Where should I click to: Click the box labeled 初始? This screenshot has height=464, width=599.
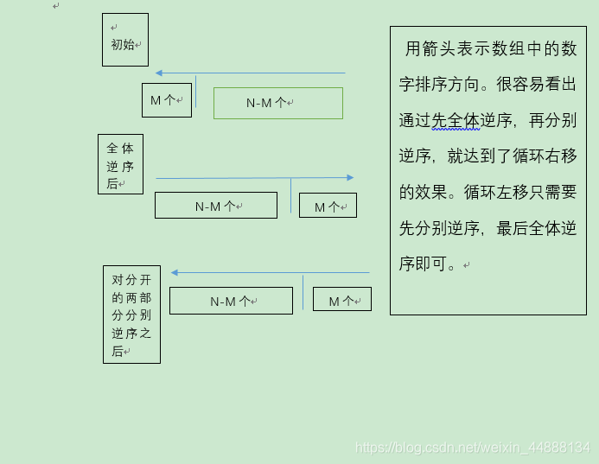(x=125, y=40)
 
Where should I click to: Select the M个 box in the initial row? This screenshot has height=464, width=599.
(x=167, y=100)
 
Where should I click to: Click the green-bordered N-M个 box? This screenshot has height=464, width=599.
(x=278, y=103)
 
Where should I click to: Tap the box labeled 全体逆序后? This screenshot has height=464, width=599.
(x=120, y=164)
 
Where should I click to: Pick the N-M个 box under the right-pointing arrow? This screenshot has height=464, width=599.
(x=216, y=206)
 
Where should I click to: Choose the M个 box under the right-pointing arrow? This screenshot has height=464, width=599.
(x=328, y=206)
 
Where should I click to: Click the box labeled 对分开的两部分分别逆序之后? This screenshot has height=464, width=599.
(x=131, y=315)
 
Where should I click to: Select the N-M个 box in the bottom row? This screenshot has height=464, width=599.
(x=231, y=301)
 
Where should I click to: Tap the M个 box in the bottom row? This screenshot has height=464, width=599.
(x=342, y=300)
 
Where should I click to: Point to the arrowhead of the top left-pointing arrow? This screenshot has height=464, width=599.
(x=159, y=73)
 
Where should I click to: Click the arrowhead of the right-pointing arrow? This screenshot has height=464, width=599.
(x=350, y=178)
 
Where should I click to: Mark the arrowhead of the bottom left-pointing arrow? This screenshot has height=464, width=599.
(x=175, y=273)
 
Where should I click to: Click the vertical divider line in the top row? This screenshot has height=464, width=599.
(x=196, y=92)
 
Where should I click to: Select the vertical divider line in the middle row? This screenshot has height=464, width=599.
(x=291, y=195)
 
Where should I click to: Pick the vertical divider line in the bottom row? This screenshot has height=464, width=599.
(x=303, y=292)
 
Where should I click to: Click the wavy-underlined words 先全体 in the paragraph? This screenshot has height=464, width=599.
(x=456, y=120)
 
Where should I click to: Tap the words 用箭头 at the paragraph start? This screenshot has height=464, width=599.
(x=430, y=49)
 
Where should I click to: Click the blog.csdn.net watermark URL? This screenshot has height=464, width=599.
(x=473, y=448)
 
